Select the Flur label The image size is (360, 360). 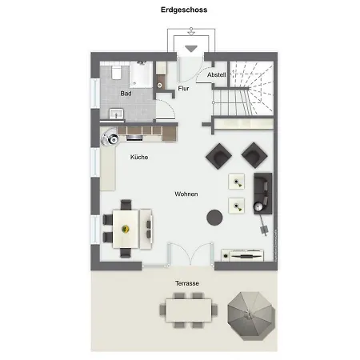[183, 88]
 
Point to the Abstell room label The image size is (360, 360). [216, 74]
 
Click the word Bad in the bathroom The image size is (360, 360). [126, 94]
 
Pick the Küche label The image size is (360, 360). [138, 158]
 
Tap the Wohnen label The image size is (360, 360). [186, 194]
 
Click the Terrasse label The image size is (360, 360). [187, 284]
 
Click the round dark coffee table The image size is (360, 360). [214, 216]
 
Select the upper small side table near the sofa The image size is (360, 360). [237, 181]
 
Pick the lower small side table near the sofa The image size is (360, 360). [237, 206]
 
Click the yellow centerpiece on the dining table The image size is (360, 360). [126, 227]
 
